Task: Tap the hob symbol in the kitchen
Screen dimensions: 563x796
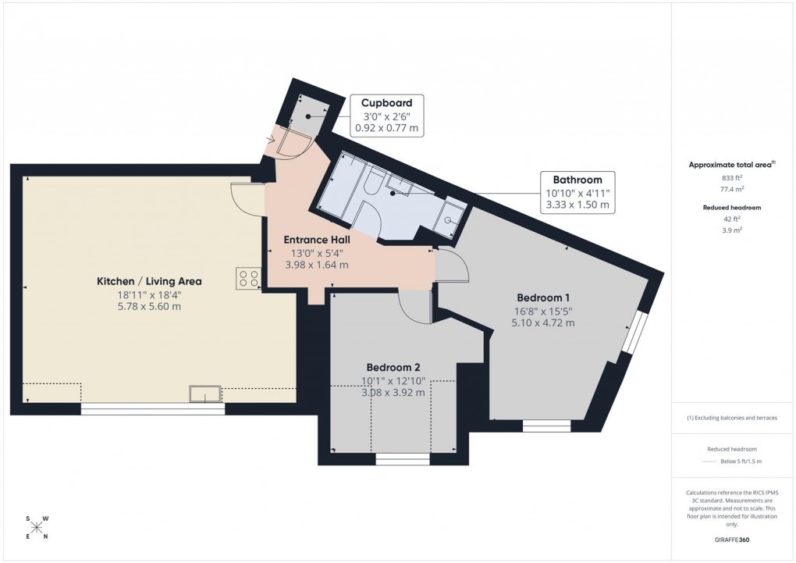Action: tap(248, 279)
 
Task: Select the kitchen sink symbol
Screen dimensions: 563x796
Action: tap(206, 394)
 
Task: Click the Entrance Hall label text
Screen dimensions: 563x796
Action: tap(317, 240)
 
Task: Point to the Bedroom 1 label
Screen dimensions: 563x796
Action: tap(543, 298)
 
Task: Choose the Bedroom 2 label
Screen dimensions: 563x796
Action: tap(394, 367)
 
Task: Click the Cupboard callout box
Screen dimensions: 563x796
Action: tap(387, 116)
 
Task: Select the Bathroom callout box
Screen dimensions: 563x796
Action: tap(578, 193)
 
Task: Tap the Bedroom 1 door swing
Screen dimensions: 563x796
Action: tap(452, 268)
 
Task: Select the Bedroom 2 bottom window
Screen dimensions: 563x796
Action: tap(402, 459)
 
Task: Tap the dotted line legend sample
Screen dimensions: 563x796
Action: tap(709, 461)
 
